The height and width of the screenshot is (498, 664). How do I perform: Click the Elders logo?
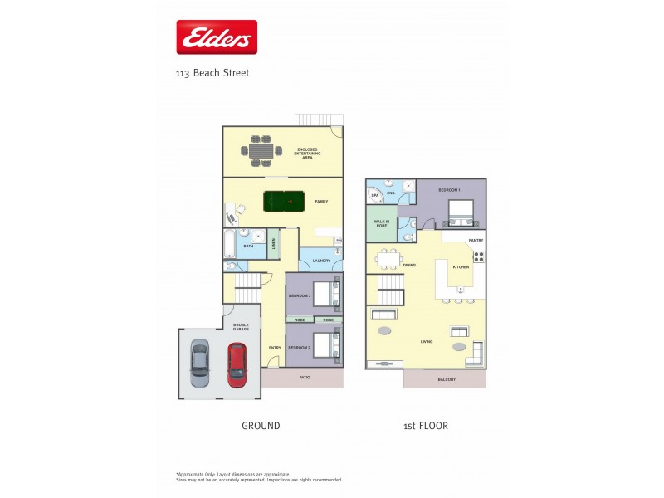pyautogui.click(x=217, y=37)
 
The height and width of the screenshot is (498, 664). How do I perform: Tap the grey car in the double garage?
pyautogui.click(x=200, y=364)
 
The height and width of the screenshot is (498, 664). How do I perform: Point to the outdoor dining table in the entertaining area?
pyautogui.click(x=261, y=151)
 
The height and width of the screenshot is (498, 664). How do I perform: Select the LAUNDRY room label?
pyautogui.click(x=320, y=261)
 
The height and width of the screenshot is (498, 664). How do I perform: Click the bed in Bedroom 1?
pyautogui.click(x=460, y=213)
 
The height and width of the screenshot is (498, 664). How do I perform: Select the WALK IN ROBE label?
pyautogui.click(x=382, y=223)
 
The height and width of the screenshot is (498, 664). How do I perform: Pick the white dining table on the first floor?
pyautogui.click(x=388, y=259)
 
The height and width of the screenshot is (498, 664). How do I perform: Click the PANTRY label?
pyautogui.click(x=476, y=240)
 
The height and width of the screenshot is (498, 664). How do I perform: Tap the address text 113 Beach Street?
pyautogui.click(x=212, y=73)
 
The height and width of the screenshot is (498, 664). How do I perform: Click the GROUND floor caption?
pyautogui.click(x=261, y=426)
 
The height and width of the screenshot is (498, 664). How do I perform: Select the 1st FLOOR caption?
pyautogui.click(x=427, y=426)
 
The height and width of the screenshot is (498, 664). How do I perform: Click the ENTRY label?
pyautogui.click(x=274, y=348)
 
